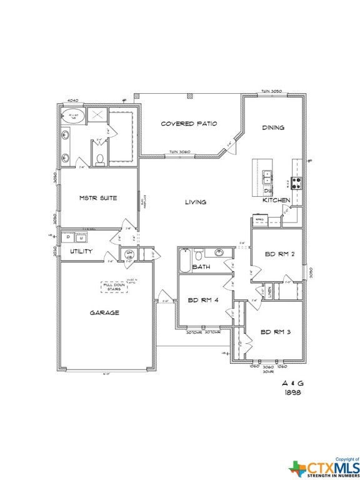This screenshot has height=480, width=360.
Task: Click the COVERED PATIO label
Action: [189, 124]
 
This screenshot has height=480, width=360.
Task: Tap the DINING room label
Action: [273, 127]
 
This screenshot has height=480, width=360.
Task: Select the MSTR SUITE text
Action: [98, 198]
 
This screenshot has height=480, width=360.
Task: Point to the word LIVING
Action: [196, 202]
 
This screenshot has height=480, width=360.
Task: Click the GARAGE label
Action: [104, 312]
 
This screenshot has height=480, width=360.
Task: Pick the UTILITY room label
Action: [81, 251]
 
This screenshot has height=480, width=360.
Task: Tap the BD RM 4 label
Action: [202, 301]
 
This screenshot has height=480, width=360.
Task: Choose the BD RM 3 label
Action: [275, 332]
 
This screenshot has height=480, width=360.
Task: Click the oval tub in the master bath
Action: [73, 116]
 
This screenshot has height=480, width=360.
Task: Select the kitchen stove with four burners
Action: [296, 183]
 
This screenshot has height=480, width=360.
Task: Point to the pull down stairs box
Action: [114, 287]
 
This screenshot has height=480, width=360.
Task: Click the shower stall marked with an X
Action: [97, 115]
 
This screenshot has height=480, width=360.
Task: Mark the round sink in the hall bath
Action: [219, 253]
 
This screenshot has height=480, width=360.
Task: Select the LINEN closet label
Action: [270, 291]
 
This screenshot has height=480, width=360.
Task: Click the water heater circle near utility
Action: [130, 254]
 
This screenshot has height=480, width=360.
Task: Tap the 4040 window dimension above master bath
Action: [72, 99]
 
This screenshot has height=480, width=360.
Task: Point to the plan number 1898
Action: [292, 392]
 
